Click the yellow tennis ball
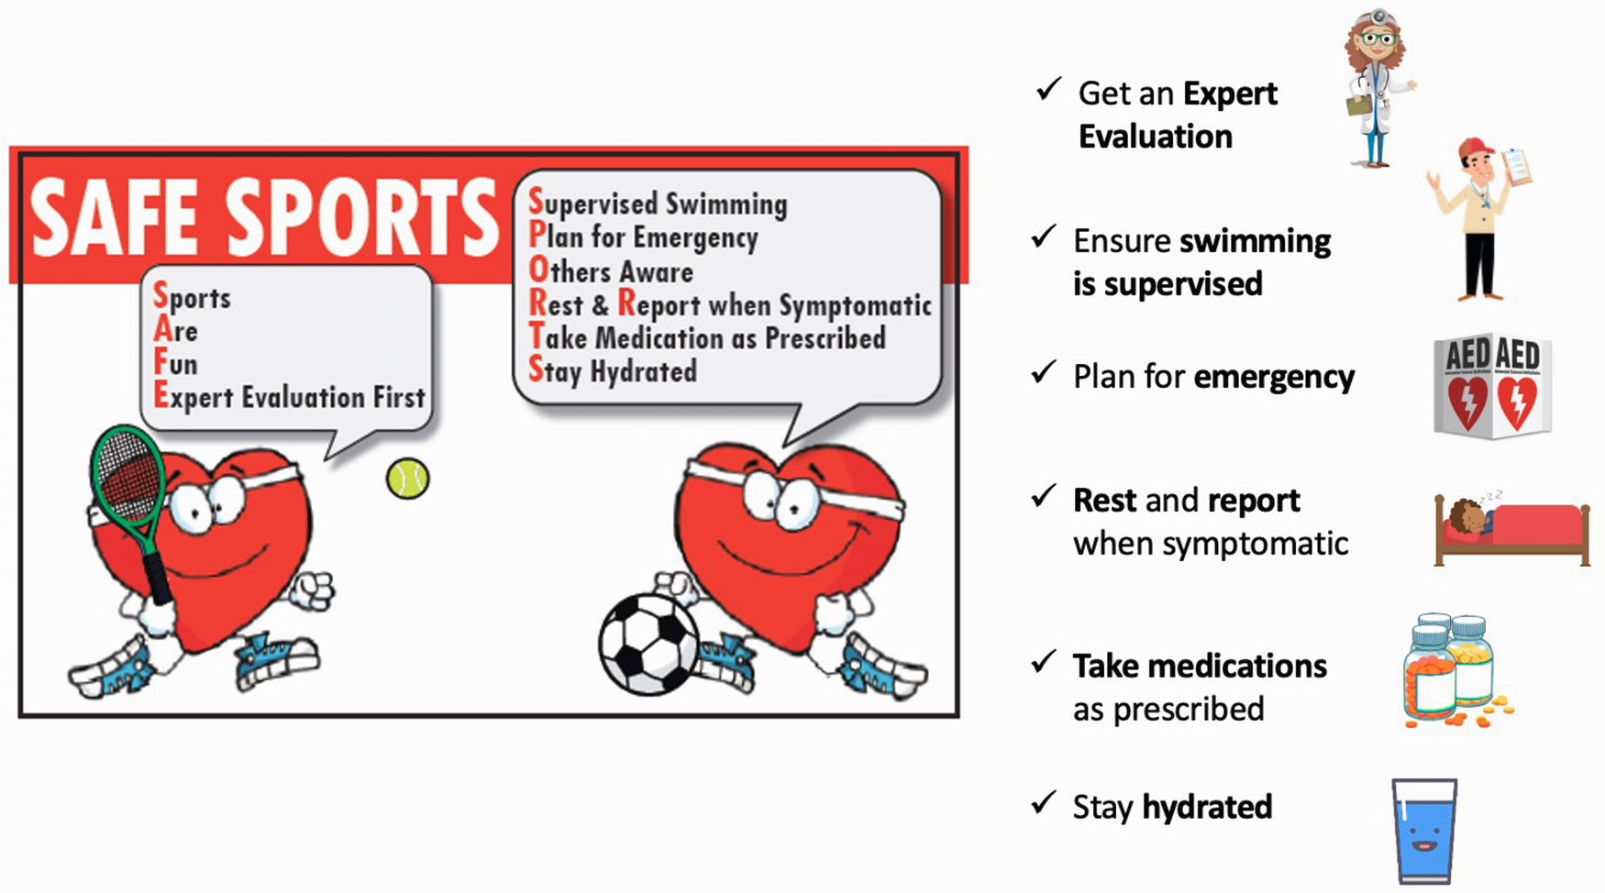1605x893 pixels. [x=407, y=479]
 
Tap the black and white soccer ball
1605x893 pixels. [x=648, y=645]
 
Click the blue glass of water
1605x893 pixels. [x=1423, y=831]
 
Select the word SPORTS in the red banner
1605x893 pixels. [x=361, y=217]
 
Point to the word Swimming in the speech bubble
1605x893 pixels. [x=726, y=204]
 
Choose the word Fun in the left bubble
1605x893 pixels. [x=175, y=363]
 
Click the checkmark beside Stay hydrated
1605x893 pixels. [x=1043, y=803]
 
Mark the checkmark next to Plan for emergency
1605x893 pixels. [x=1043, y=372]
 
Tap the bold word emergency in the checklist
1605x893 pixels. [x=1274, y=378]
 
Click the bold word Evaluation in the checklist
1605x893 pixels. [x=1156, y=137]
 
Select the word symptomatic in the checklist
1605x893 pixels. [x=1256, y=545]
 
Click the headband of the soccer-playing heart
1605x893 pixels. [x=794, y=489]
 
